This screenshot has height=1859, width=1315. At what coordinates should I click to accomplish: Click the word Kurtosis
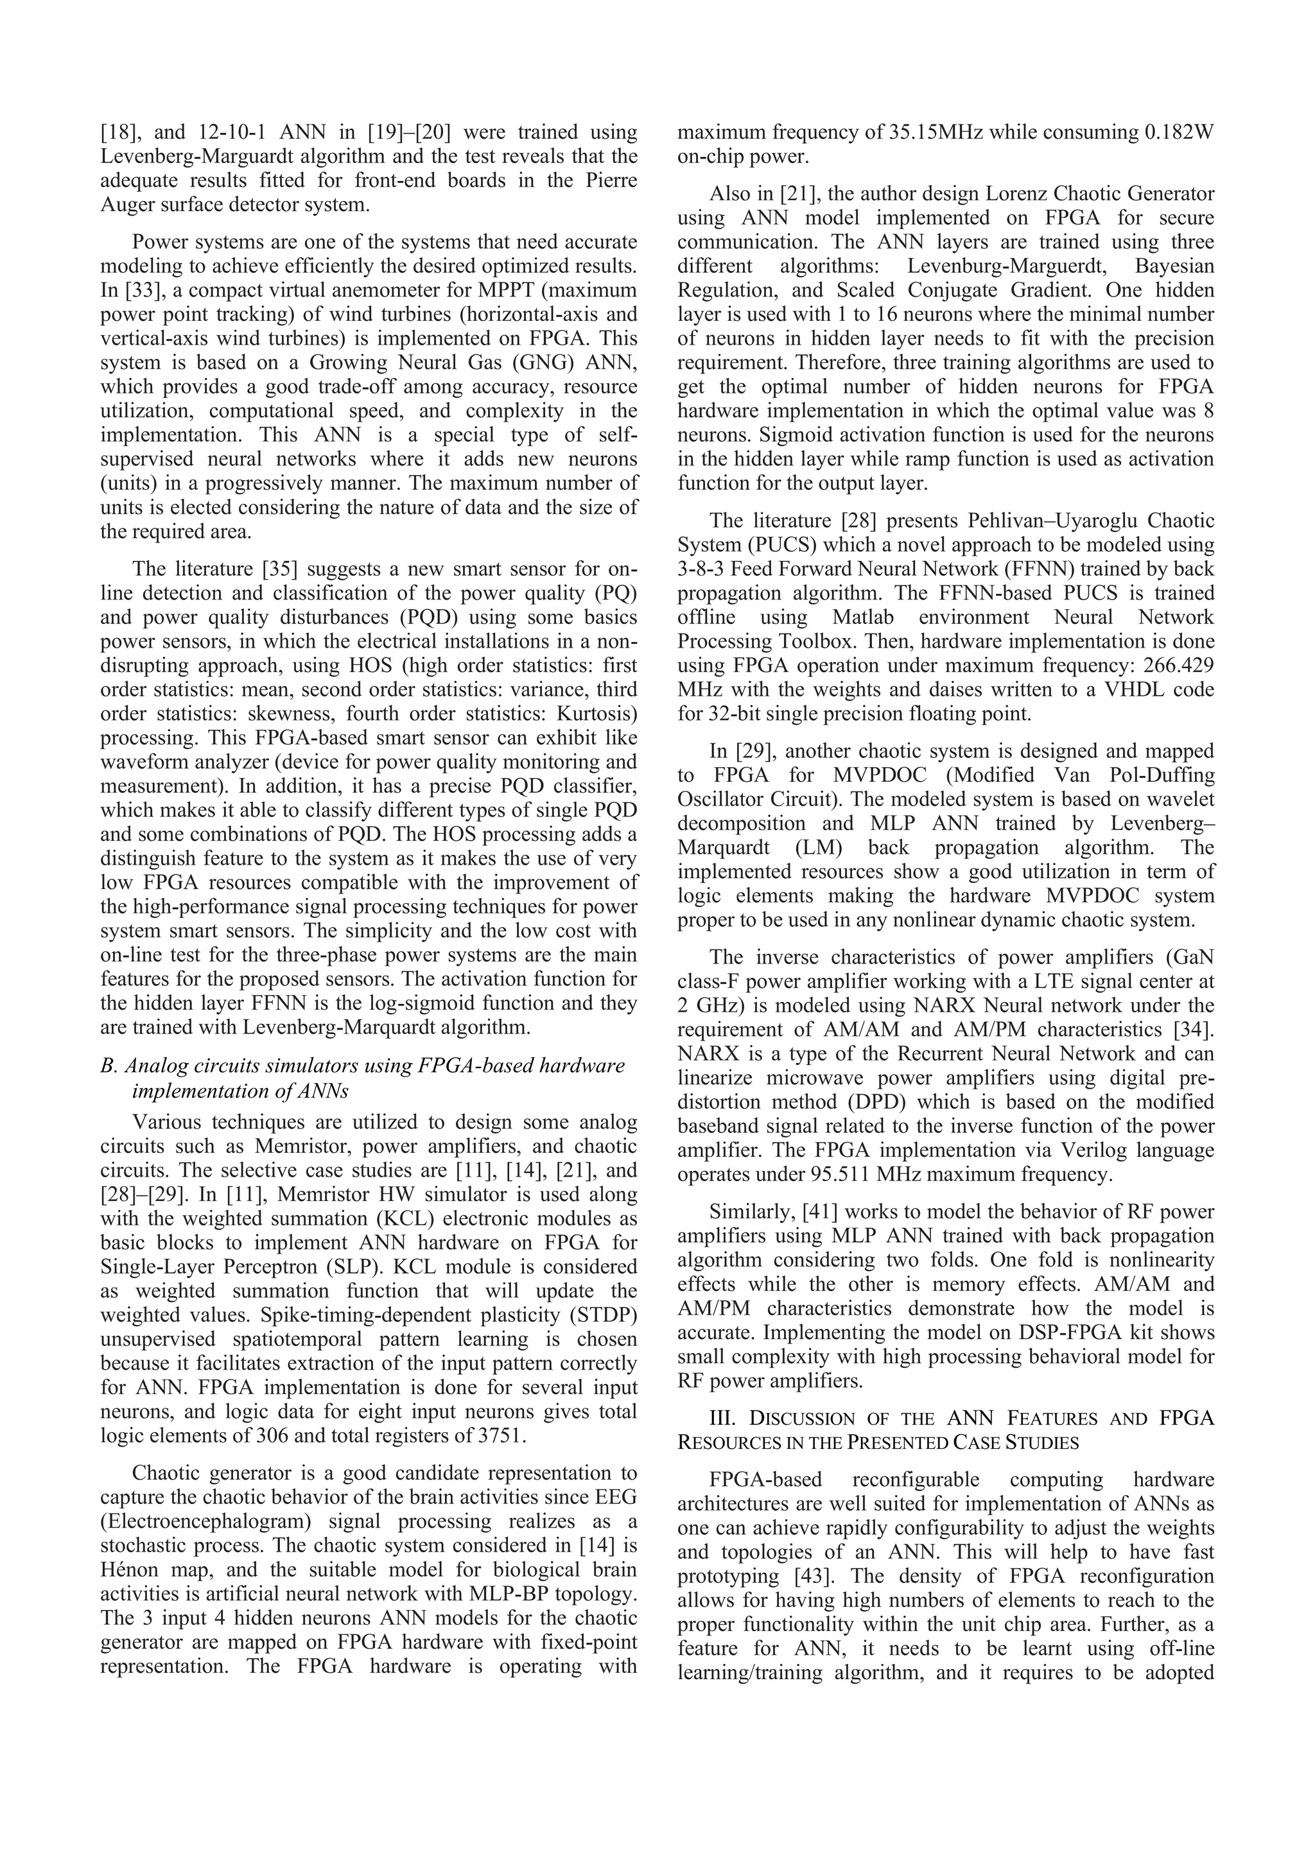coord(595,714)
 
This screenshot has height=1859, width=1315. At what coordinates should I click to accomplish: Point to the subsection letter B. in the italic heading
coord(109,1066)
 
